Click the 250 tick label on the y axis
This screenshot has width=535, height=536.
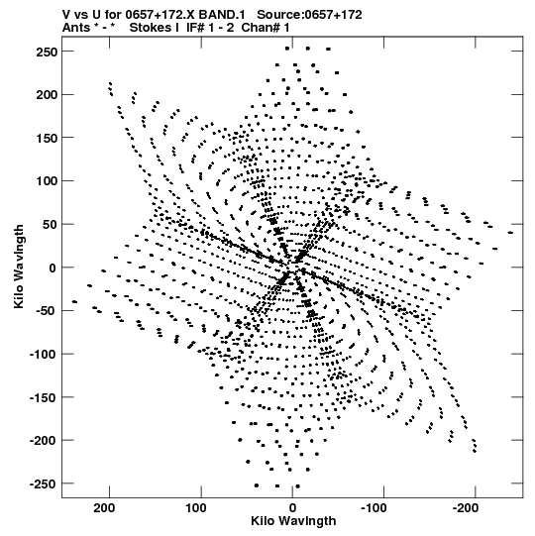pyautogui.click(x=47, y=52)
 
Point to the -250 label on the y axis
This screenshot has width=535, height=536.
pyautogui.click(x=43, y=483)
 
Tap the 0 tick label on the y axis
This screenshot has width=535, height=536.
pyautogui.click(x=53, y=268)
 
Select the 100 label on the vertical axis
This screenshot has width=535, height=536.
pyautogui.click(x=47, y=181)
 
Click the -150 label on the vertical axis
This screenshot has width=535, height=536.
pyautogui.click(x=43, y=397)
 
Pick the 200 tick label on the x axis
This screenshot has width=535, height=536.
pyautogui.click(x=104, y=508)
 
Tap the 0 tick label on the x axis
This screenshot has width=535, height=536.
pyautogui.click(x=292, y=508)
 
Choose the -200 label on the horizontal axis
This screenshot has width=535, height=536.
pyautogui.click(x=466, y=508)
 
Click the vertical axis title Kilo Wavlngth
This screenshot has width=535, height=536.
pyautogui.click(x=19, y=267)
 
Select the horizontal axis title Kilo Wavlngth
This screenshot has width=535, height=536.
pyautogui.click(x=293, y=521)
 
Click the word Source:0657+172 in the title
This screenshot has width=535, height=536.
pyautogui.click(x=309, y=15)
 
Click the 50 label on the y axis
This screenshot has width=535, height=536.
pyautogui.click(x=50, y=225)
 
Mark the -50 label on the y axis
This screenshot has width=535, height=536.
pyautogui.click(x=47, y=311)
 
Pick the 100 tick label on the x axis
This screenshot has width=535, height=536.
pyautogui.click(x=196, y=508)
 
